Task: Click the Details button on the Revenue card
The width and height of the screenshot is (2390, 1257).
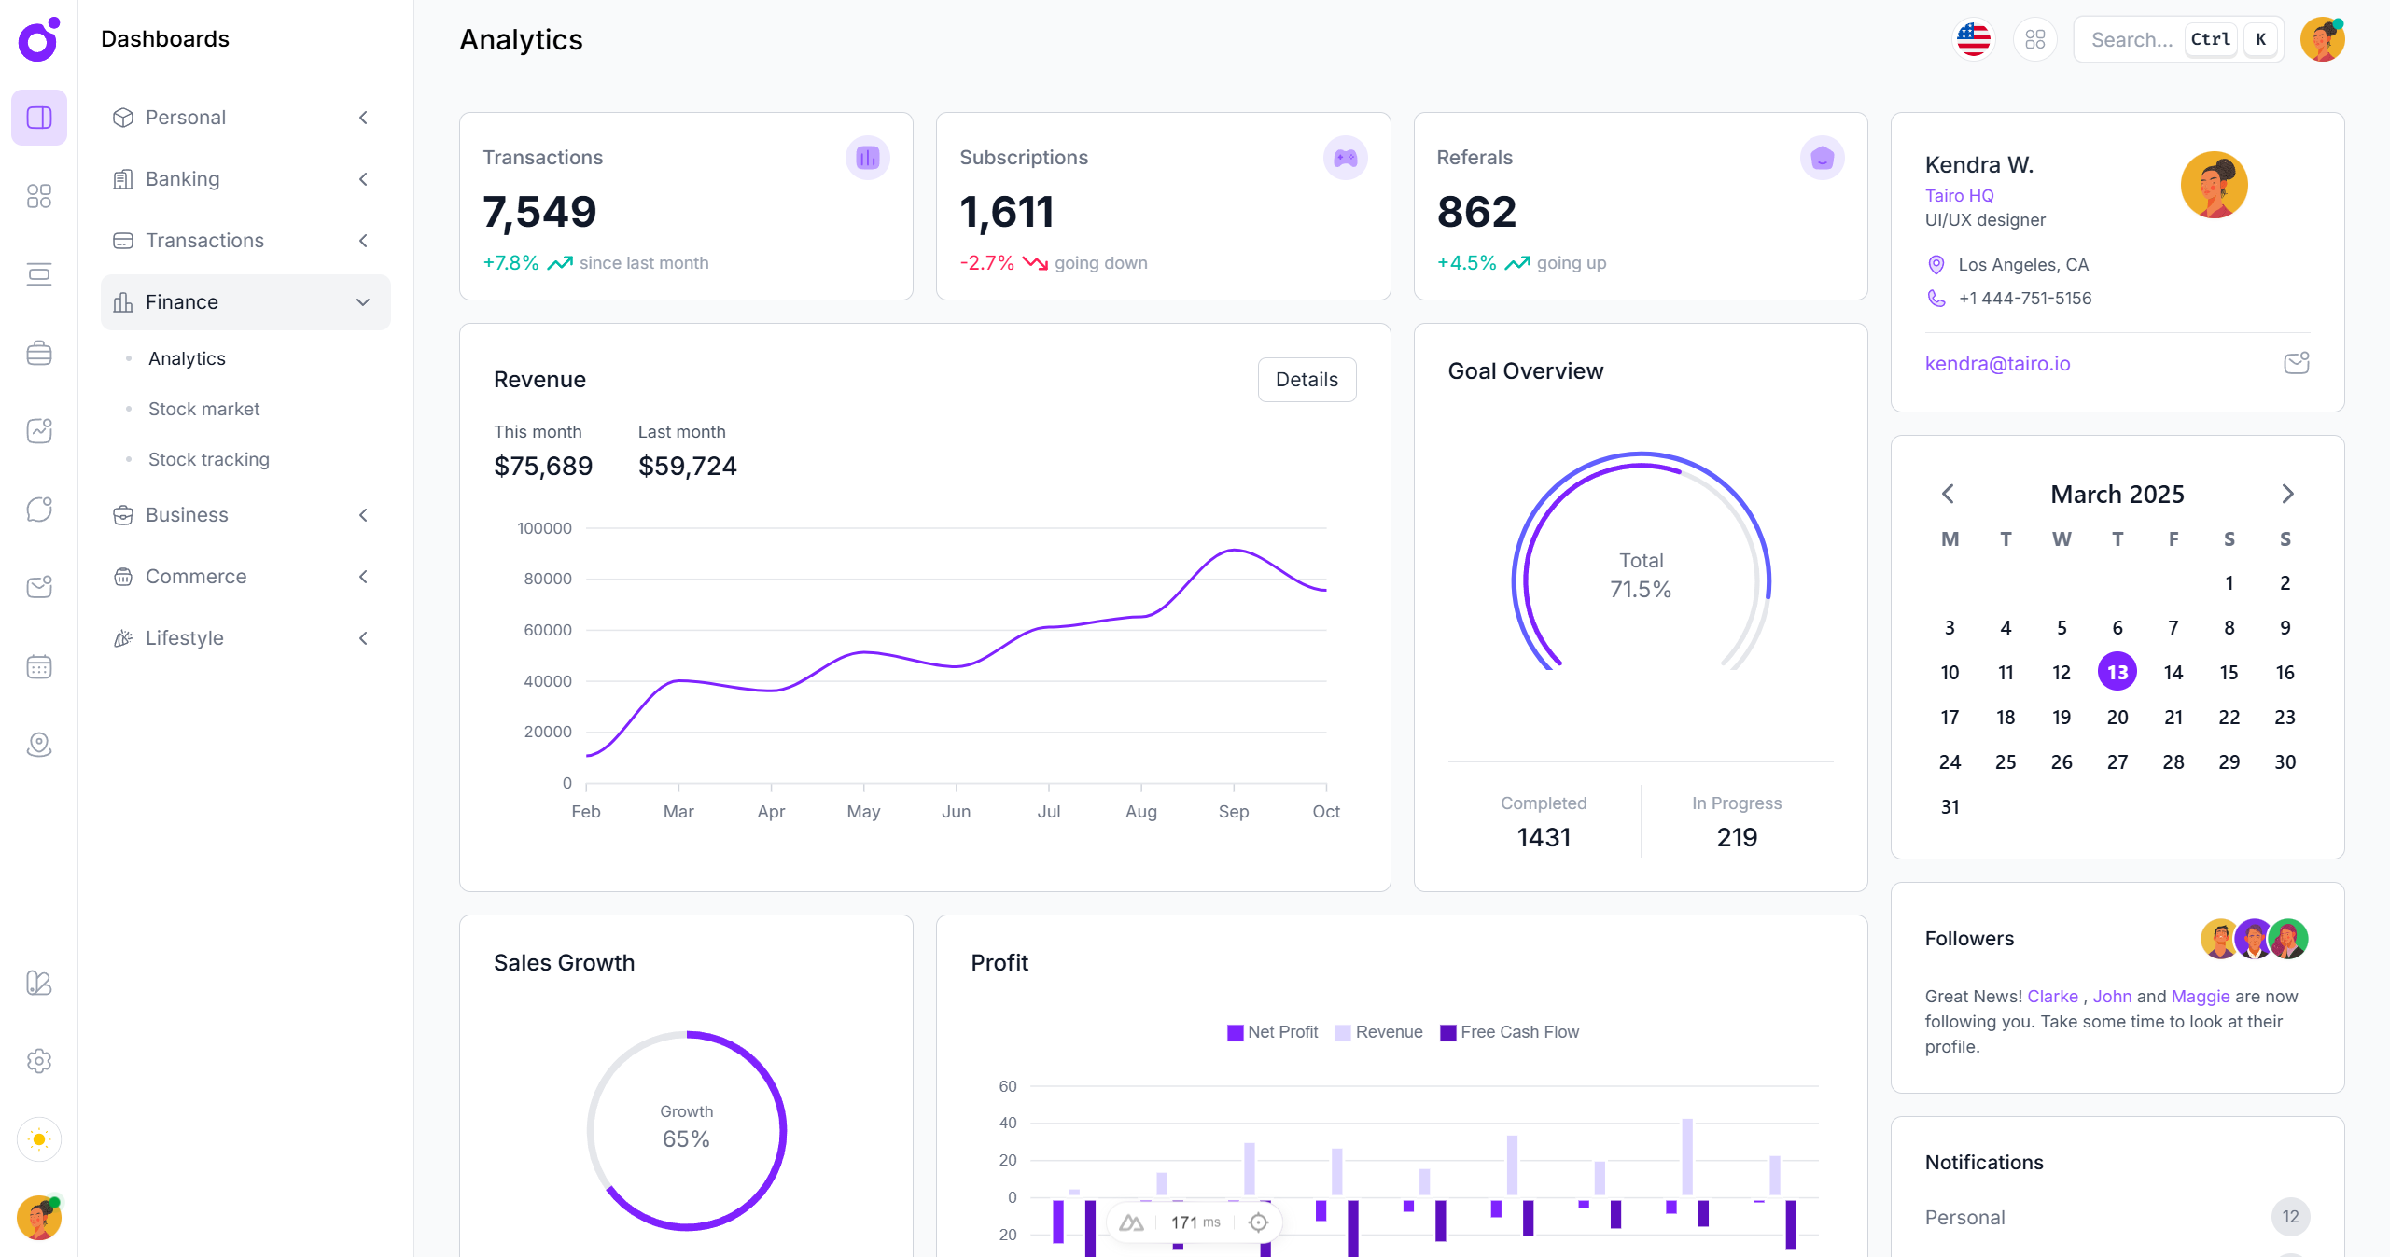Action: [1306, 380]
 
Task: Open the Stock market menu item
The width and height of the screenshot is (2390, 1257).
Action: [203, 409]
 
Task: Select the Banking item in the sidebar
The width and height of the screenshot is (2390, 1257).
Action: [183, 179]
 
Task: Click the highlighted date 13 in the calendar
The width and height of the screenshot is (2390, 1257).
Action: [2117, 672]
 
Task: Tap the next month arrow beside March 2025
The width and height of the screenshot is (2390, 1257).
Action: [2286, 494]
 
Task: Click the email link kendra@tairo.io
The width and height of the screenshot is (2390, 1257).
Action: [1997, 364]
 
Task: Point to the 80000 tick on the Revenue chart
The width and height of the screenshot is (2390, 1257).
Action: [548, 579]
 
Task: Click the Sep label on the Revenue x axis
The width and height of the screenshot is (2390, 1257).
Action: [1233, 812]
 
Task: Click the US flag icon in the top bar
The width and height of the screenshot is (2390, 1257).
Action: [1973, 39]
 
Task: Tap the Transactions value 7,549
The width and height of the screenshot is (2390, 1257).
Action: [539, 212]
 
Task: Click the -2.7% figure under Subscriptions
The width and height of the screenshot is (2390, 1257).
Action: [986, 263]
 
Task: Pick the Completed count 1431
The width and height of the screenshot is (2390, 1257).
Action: [1544, 837]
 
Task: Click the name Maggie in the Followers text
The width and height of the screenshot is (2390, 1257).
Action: [2200, 997]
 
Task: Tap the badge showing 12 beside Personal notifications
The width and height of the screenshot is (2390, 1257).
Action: [2289, 1217]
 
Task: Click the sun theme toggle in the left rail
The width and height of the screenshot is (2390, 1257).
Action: [39, 1139]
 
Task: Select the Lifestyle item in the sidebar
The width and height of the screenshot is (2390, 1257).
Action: [185, 638]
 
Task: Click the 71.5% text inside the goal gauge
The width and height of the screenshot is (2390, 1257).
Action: [1640, 590]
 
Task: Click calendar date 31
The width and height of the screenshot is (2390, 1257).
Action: [1950, 807]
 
